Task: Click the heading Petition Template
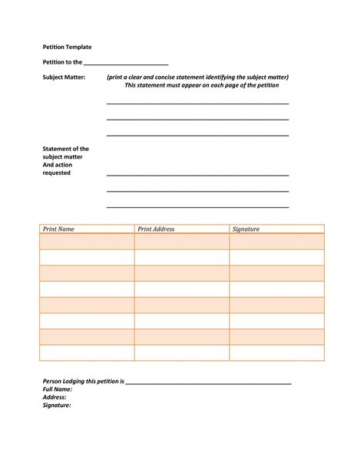click(67, 48)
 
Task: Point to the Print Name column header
click(58, 228)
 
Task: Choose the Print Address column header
click(156, 228)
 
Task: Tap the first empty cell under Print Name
click(87, 242)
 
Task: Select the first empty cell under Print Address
click(181, 242)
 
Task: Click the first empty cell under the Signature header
click(276, 242)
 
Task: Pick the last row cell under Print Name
click(87, 353)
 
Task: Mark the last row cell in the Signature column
click(276, 353)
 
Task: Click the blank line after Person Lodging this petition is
click(208, 382)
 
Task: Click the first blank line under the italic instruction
click(197, 103)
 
